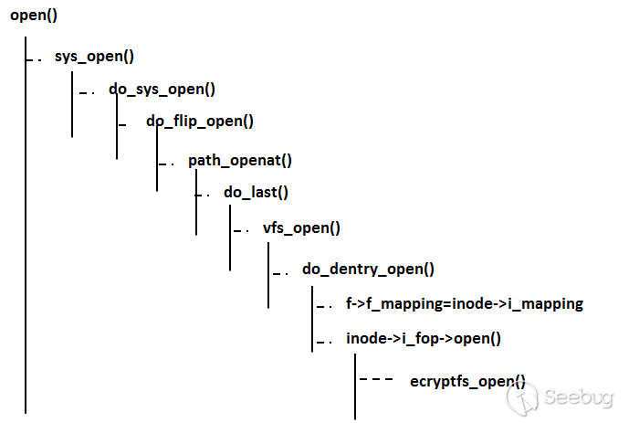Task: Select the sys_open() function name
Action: (x=94, y=56)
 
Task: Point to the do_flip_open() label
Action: (x=199, y=121)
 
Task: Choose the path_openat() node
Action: (x=239, y=161)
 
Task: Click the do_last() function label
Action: (x=256, y=193)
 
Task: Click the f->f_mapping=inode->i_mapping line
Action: (x=464, y=304)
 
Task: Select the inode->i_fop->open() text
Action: (x=424, y=338)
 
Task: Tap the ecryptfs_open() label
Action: (x=467, y=380)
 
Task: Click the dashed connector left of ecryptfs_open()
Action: (x=376, y=378)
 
